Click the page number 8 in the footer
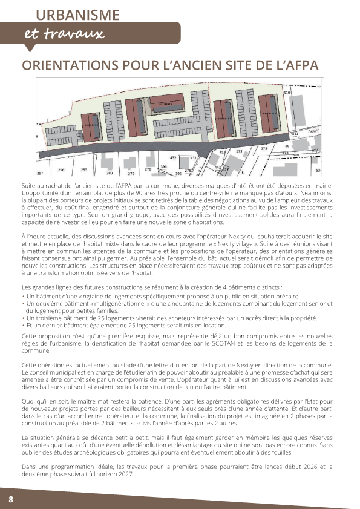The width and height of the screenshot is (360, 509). tap(11, 498)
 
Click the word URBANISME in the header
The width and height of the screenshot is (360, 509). tap(77, 15)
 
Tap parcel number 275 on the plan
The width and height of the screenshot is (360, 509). tap(264, 148)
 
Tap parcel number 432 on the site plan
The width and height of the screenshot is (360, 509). tap(173, 157)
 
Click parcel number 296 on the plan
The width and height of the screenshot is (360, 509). tap(61, 170)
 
